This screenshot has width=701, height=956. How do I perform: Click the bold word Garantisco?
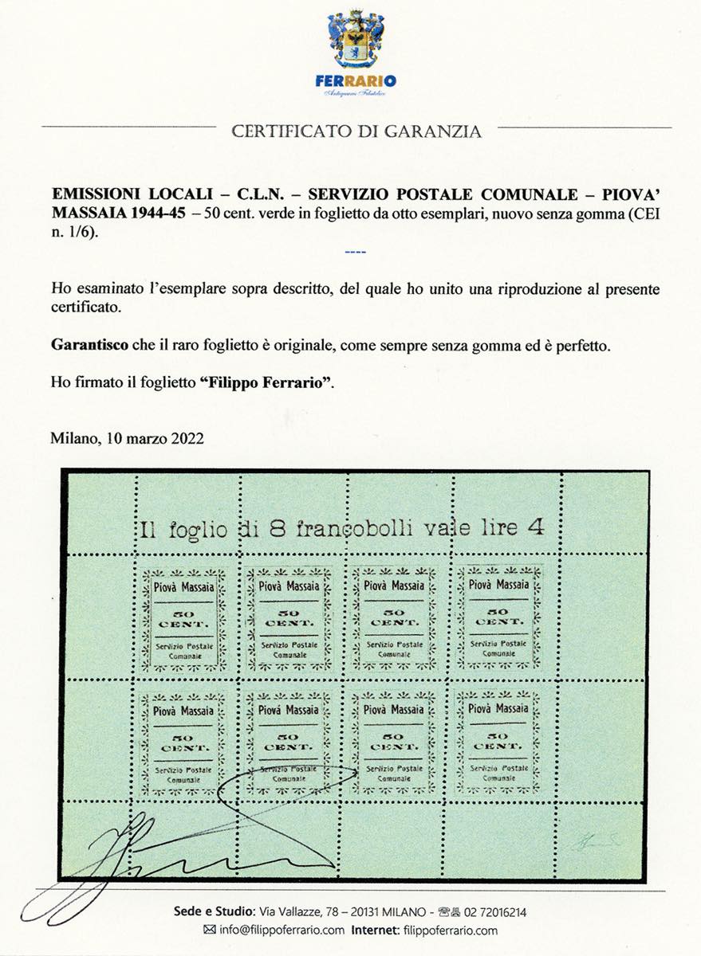click(x=88, y=347)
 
